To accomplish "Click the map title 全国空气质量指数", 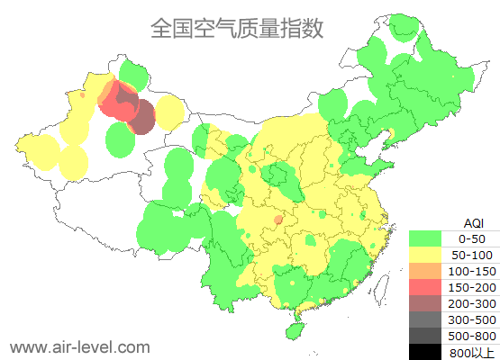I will (237, 28).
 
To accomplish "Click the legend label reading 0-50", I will (472, 238).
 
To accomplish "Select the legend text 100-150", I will (472, 271).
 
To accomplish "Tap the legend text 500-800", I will (472, 336).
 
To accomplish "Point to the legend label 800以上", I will (472, 352).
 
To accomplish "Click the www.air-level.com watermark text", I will (79, 346).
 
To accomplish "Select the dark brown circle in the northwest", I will (142, 116).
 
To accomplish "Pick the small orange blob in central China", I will (278, 219).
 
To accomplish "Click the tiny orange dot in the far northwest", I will (83, 94).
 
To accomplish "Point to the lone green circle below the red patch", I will (121, 139).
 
